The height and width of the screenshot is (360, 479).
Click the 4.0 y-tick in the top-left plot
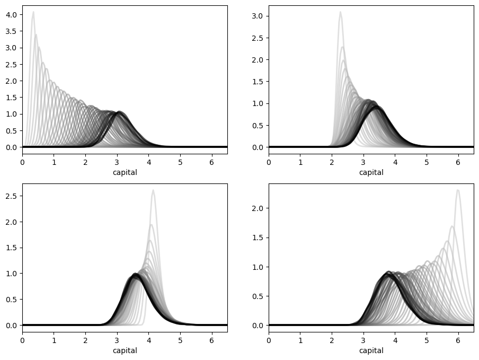point(11,15)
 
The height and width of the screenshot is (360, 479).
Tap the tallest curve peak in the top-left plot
point(33,12)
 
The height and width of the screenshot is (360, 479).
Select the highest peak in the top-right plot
point(340,12)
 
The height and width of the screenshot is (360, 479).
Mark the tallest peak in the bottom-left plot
point(153,190)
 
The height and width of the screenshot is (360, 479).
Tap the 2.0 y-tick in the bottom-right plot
point(257,208)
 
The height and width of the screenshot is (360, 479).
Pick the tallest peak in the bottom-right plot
point(458,190)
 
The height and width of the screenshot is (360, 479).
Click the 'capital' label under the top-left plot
point(125,172)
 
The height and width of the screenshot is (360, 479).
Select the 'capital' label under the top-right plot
point(371,172)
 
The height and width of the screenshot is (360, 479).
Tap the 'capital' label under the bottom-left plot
point(125,350)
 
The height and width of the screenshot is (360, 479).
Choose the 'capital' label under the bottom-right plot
point(371,350)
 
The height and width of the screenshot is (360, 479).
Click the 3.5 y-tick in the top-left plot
point(11,31)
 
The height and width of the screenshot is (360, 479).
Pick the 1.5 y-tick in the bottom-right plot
point(257,238)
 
